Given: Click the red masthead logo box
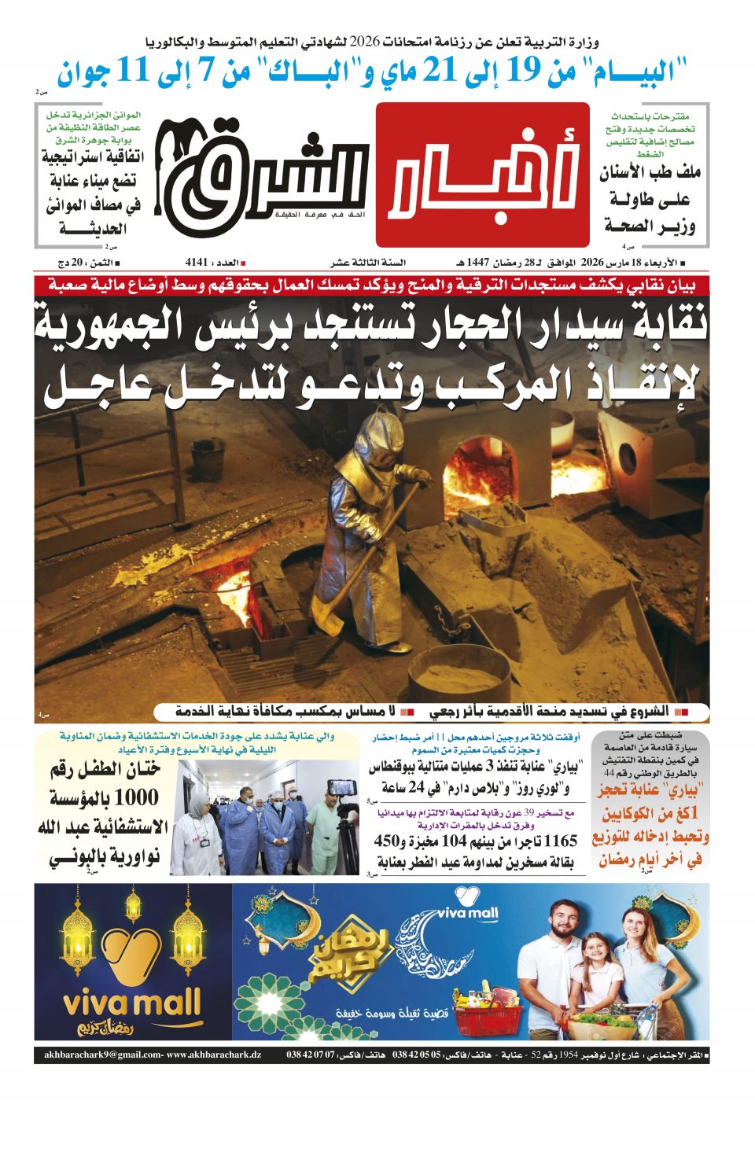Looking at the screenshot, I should tap(482, 175).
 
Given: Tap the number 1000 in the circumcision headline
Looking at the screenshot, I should tap(135, 797).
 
